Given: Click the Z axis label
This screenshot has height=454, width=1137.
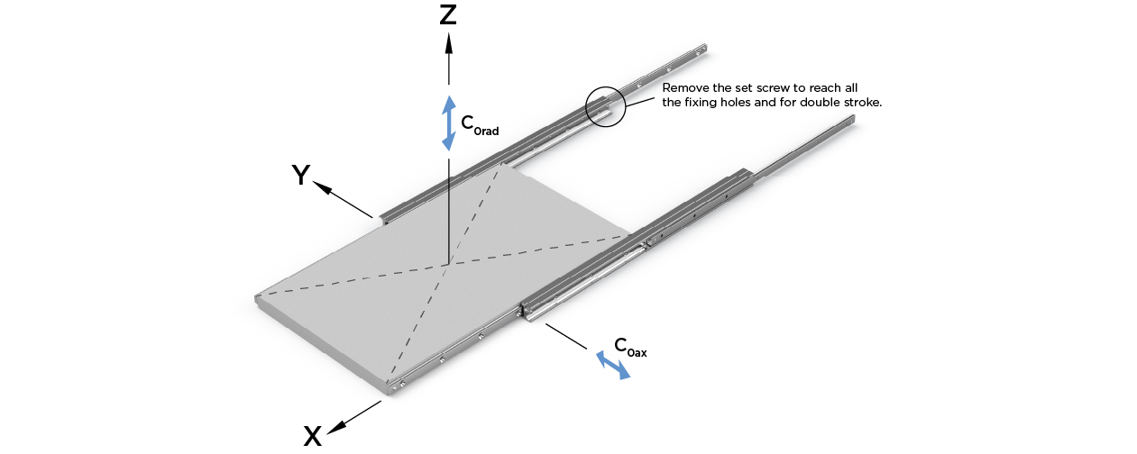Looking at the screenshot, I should tap(448, 15).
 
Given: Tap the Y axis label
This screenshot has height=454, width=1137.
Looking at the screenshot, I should tap(300, 175).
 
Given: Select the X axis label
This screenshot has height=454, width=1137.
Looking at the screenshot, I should tap(312, 436).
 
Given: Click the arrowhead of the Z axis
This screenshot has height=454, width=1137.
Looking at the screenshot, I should tap(448, 43).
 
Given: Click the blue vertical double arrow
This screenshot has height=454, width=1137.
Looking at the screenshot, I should tap(448, 123).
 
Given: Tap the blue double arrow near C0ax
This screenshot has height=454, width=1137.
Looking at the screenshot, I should tap(613, 365).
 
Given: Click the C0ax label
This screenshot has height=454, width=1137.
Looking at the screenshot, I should tap(630, 347).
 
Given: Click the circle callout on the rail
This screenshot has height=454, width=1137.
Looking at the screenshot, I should tap(604, 107).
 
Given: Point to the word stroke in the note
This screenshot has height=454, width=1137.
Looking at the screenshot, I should tap(862, 103).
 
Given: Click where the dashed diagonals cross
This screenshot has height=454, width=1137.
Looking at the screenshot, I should tap(446, 264).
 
